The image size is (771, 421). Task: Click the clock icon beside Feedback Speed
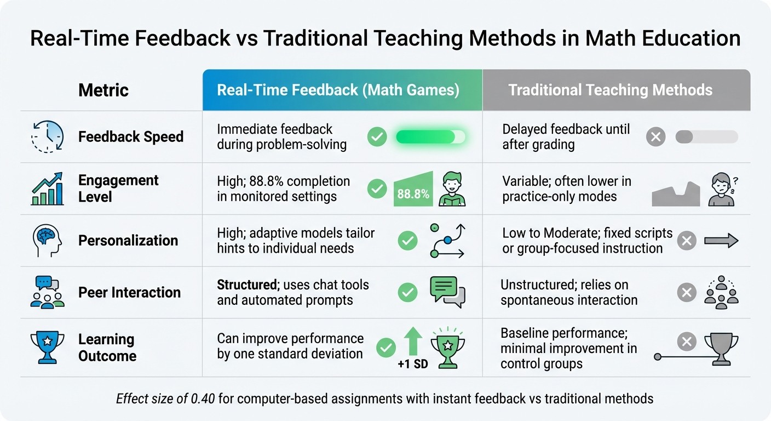47,136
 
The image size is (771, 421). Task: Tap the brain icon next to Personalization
47,240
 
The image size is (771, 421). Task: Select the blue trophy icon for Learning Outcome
47,347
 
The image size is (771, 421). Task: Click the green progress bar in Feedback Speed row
430,136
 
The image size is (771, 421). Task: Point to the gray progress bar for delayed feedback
706,136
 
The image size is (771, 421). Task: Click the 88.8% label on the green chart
413,194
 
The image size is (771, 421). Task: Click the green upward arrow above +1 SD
412,341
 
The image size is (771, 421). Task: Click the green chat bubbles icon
447,292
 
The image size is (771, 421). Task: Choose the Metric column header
103,90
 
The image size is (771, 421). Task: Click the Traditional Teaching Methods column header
611,90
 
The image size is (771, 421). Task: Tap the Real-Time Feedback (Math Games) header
338,90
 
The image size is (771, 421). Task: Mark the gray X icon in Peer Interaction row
687,292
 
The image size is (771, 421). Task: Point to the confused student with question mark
722,189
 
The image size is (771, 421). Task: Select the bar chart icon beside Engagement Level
47,189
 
